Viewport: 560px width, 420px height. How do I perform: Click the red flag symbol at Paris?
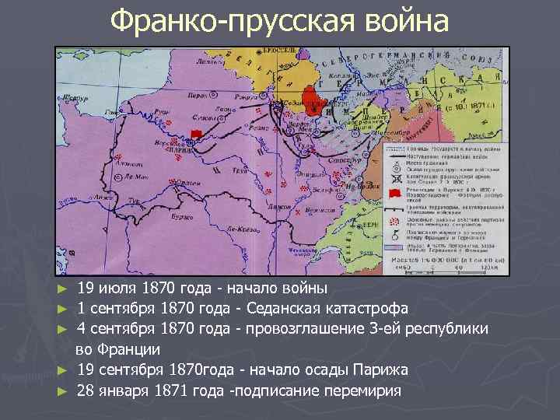196,135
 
